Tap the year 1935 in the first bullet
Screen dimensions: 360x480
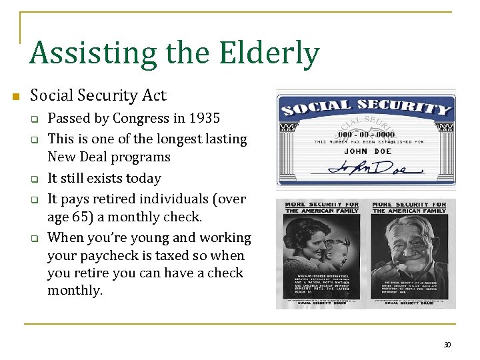[x=204, y=119]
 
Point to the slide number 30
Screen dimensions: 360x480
[x=447, y=344]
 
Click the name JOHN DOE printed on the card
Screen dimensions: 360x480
[x=365, y=151]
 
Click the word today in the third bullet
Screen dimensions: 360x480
[x=145, y=178]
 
